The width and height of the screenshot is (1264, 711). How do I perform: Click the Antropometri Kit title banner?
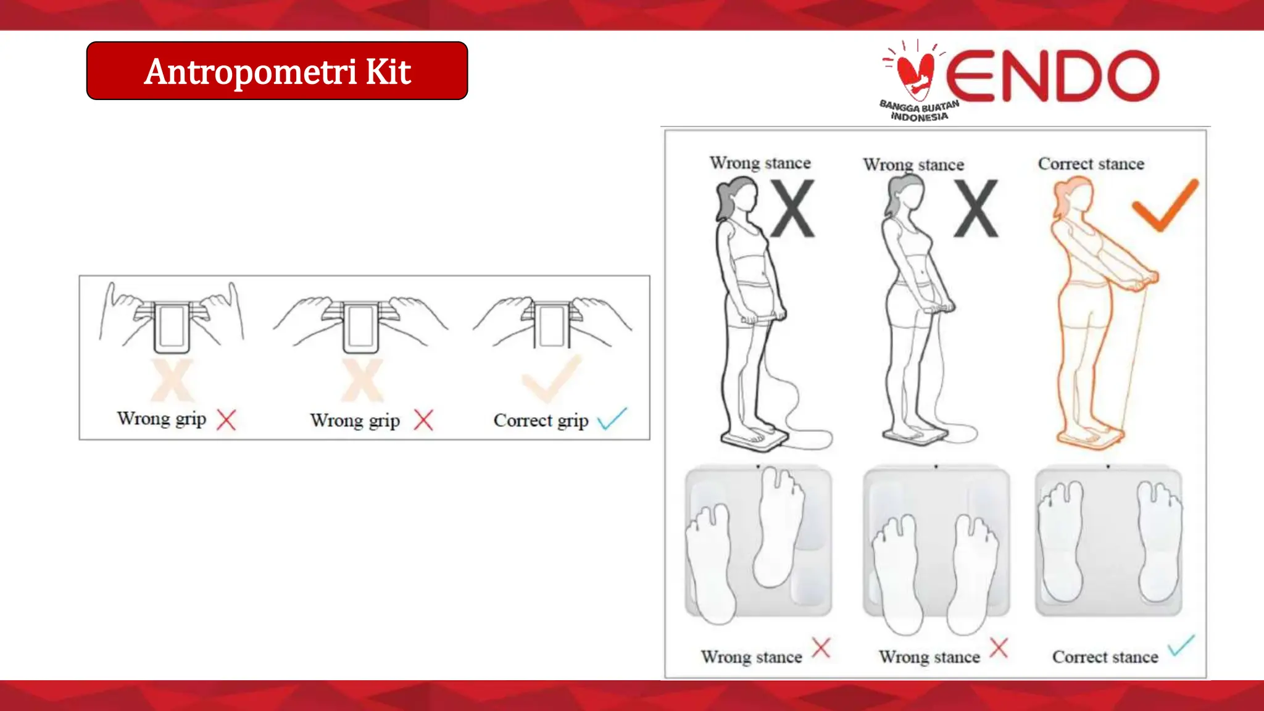point(277,71)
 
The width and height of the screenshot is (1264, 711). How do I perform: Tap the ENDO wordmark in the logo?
point(1052,76)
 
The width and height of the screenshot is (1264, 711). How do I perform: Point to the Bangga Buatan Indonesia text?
point(919,111)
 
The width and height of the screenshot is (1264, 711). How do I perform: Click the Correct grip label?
point(541,421)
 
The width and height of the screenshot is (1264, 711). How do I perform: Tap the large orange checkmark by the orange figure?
point(1165,205)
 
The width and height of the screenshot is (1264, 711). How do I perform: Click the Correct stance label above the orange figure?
point(1091,164)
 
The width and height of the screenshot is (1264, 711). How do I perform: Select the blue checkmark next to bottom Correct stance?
point(1181,646)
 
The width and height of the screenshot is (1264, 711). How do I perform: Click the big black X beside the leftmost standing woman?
point(792,209)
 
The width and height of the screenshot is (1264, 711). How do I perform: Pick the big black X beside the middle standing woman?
point(975,209)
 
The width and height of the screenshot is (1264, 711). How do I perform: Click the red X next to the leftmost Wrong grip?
point(227,420)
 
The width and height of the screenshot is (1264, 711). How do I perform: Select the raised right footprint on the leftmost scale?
point(780,525)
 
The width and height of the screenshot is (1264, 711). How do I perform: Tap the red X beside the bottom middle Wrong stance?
point(998,648)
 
